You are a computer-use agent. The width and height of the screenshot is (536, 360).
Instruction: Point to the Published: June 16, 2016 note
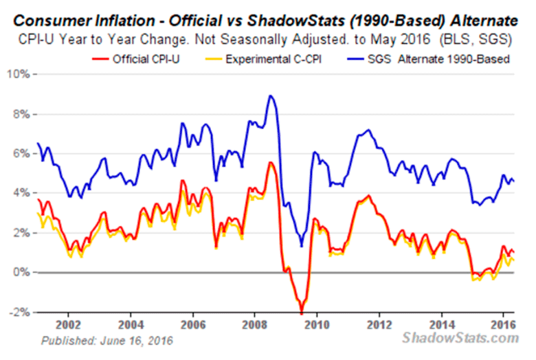107,340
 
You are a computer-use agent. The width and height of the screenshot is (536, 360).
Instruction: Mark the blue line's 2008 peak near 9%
271,95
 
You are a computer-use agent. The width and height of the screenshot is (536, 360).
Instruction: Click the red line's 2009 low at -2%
301,313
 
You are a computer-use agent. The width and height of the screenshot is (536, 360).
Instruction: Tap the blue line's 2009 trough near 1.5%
301,245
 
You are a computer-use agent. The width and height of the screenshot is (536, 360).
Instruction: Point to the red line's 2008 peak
270,163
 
